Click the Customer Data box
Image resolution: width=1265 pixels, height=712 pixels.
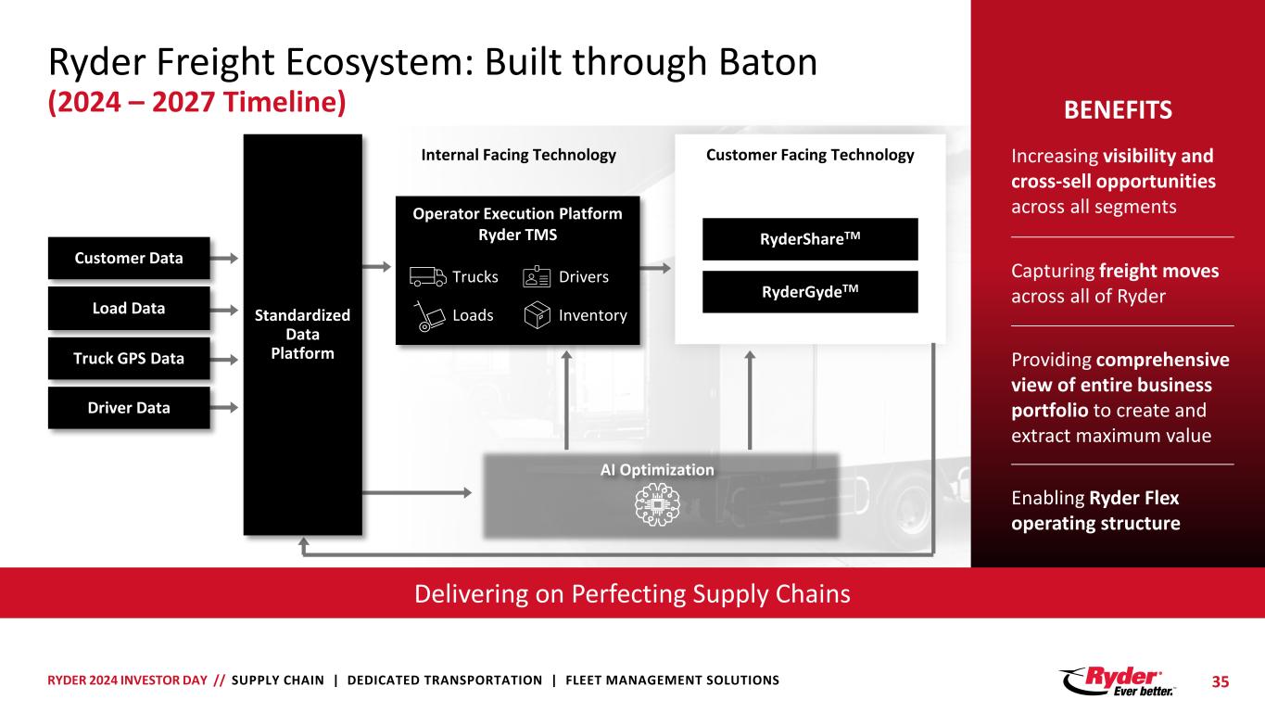click(129, 258)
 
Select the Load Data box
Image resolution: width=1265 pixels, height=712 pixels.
click(129, 308)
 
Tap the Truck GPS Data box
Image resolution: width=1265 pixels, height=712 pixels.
click(129, 358)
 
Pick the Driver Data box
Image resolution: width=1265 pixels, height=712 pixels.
click(129, 407)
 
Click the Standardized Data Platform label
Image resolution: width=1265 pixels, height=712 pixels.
click(302, 334)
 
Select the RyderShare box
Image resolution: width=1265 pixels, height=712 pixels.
click(810, 239)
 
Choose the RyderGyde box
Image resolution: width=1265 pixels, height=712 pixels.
click(810, 291)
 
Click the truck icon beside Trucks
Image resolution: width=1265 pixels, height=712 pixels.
click(426, 277)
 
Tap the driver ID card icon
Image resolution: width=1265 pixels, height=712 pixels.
click(537, 276)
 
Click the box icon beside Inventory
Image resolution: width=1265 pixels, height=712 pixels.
click(537, 316)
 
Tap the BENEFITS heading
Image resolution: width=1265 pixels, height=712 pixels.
click(1117, 111)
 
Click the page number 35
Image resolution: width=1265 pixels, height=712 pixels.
click(1221, 681)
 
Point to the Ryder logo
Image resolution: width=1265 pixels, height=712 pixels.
click(1119, 680)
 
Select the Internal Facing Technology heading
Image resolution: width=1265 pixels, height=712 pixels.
click(518, 156)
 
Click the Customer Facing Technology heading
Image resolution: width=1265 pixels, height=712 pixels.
click(810, 156)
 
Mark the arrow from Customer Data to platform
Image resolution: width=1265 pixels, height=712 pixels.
click(226, 259)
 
